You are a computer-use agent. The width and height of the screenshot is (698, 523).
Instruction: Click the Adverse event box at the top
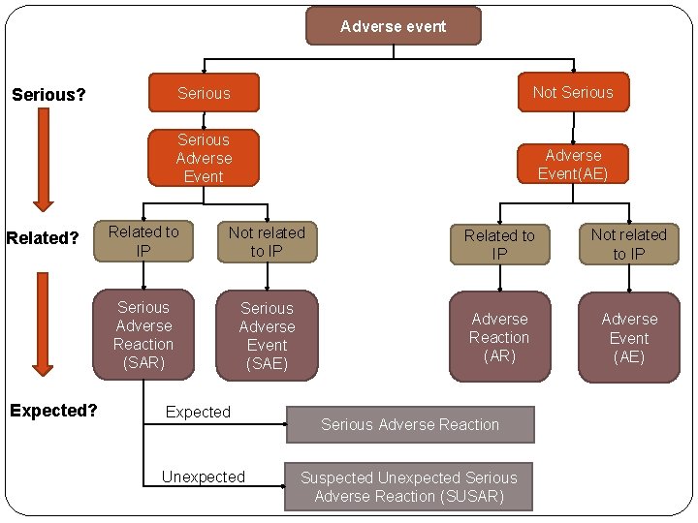click(393, 26)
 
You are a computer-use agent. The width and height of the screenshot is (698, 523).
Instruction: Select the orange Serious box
click(204, 93)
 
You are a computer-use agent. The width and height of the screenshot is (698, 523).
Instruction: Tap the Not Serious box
click(572, 92)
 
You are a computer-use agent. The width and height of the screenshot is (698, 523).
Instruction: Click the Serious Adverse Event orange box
click(204, 158)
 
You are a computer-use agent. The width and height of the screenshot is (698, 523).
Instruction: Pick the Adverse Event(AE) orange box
click(572, 165)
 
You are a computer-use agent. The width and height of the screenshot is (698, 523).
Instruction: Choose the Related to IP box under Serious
click(143, 241)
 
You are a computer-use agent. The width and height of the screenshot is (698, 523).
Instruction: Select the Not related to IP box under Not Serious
click(628, 244)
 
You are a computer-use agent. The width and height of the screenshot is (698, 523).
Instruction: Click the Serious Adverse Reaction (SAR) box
click(143, 335)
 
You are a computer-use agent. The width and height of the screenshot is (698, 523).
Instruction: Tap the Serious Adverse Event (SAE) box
click(267, 335)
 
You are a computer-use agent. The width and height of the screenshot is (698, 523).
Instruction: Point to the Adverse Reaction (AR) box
click(499, 337)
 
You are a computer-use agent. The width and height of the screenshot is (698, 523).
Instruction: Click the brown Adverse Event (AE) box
click(628, 337)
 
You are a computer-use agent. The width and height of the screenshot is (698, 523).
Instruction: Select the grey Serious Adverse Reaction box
click(409, 424)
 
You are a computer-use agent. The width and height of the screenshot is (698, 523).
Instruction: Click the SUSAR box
click(408, 486)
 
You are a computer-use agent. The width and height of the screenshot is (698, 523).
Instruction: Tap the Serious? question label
click(48, 95)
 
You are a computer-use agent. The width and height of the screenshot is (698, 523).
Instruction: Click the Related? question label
click(43, 238)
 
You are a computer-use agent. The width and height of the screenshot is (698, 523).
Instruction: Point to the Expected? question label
click(53, 410)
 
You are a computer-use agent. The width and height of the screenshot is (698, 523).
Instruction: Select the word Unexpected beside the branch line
click(204, 477)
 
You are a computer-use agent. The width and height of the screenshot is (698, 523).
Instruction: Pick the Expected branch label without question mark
click(198, 412)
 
